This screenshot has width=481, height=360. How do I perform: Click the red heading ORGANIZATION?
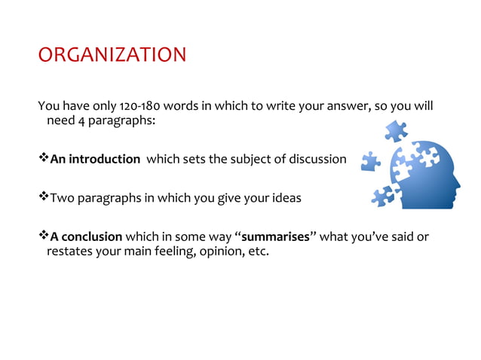(x=112, y=56)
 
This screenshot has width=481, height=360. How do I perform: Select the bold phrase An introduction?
(x=95, y=159)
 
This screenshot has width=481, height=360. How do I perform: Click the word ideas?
(x=286, y=198)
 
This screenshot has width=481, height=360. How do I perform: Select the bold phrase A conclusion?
(x=86, y=236)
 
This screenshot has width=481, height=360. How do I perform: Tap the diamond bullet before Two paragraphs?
(x=43, y=197)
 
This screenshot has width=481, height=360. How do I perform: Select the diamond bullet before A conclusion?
(x=43, y=236)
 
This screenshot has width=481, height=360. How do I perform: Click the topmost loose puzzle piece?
(x=395, y=133)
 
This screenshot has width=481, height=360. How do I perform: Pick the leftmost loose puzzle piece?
(x=369, y=160)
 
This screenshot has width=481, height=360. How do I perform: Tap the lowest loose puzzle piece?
(x=382, y=198)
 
